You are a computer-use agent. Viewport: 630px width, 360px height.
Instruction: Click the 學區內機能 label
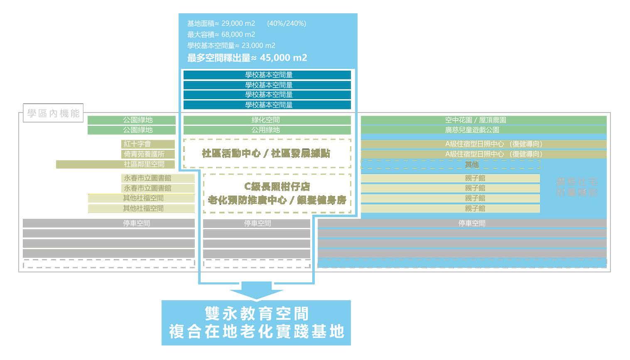[x=53, y=113]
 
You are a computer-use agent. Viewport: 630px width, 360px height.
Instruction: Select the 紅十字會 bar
[x=148, y=144]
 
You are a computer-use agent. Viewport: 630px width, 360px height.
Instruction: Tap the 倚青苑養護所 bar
[x=148, y=154]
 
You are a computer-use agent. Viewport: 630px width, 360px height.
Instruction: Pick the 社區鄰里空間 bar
[x=115, y=164]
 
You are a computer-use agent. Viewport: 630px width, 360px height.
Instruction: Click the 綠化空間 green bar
[x=267, y=120]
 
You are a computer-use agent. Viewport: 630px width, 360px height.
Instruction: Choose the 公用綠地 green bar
[x=267, y=130]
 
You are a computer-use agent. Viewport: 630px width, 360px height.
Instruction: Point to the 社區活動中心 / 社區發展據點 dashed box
[x=267, y=154]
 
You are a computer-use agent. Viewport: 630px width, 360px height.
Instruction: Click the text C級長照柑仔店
[x=277, y=186]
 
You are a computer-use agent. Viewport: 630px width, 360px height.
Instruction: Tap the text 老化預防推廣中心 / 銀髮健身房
[x=277, y=200]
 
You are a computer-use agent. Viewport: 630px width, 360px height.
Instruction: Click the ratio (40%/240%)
[x=287, y=23]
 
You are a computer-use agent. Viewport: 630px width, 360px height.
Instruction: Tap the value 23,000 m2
[x=258, y=46]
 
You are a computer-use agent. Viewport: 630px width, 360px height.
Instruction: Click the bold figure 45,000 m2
[x=283, y=58]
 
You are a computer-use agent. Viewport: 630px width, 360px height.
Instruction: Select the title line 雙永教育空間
[x=256, y=313]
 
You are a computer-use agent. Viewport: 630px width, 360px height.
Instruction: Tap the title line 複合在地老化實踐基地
[x=256, y=332]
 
